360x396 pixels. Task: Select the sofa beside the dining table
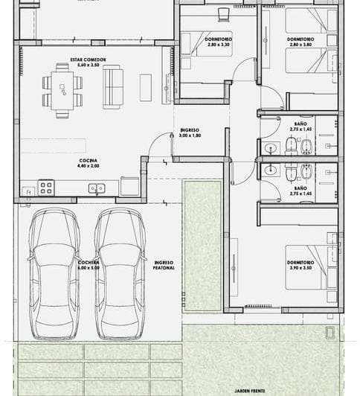112,86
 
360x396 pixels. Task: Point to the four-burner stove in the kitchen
46,188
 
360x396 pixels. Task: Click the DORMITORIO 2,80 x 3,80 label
300,42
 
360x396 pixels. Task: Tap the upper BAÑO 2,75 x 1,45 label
300,128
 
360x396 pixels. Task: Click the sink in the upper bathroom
270,148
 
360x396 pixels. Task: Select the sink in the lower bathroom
270,170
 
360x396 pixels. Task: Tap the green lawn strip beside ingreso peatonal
202,246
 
